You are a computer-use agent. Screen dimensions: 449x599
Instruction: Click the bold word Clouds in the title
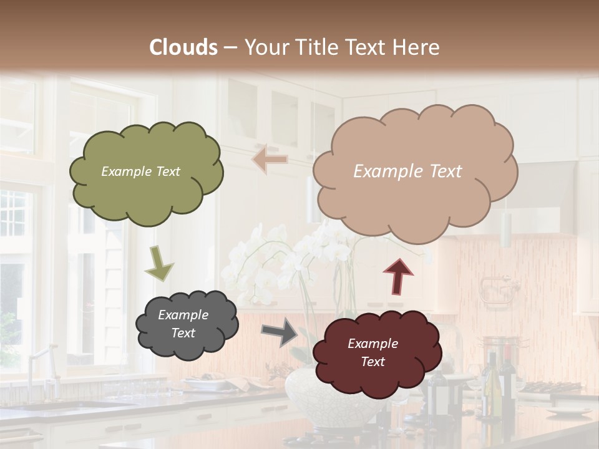pyautogui.click(x=183, y=47)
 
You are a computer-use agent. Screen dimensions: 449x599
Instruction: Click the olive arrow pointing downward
pyautogui.click(x=158, y=263)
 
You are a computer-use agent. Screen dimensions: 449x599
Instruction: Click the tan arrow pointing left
pyautogui.click(x=270, y=159)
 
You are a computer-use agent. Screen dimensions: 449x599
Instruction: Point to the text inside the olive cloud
pyautogui.click(x=140, y=171)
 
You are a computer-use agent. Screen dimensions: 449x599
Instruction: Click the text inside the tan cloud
pyautogui.click(x=407, y=171)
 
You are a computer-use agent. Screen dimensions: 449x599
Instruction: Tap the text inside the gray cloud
pyautogui.click(x=183, y=324)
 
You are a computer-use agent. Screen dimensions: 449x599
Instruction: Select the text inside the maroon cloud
pyautogui.click(x=373, y=352)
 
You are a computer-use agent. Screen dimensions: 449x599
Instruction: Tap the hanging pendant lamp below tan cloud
pyautogui.click(x=506, y=231)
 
